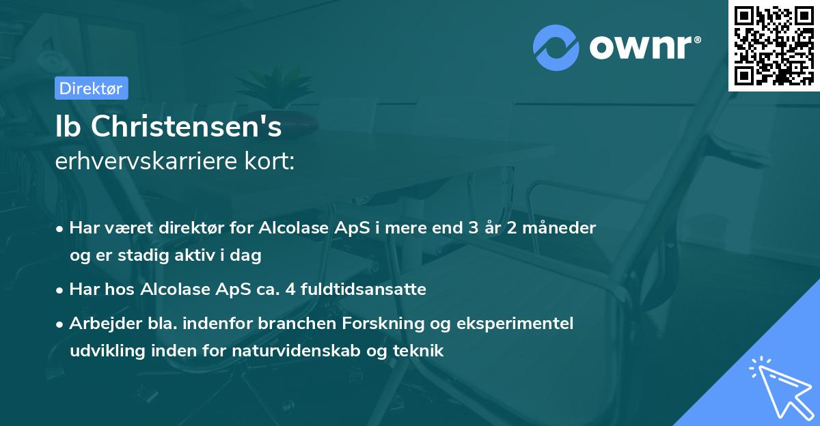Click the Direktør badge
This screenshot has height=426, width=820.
pyautogui.click(x=91, y=88)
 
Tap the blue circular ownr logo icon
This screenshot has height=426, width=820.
pyautogui.click(x=556, y=47)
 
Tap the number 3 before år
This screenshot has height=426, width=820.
pyautogui.click(x=473, y=227)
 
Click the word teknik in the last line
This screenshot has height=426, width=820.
pyautogui.click(x=420, y=351)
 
